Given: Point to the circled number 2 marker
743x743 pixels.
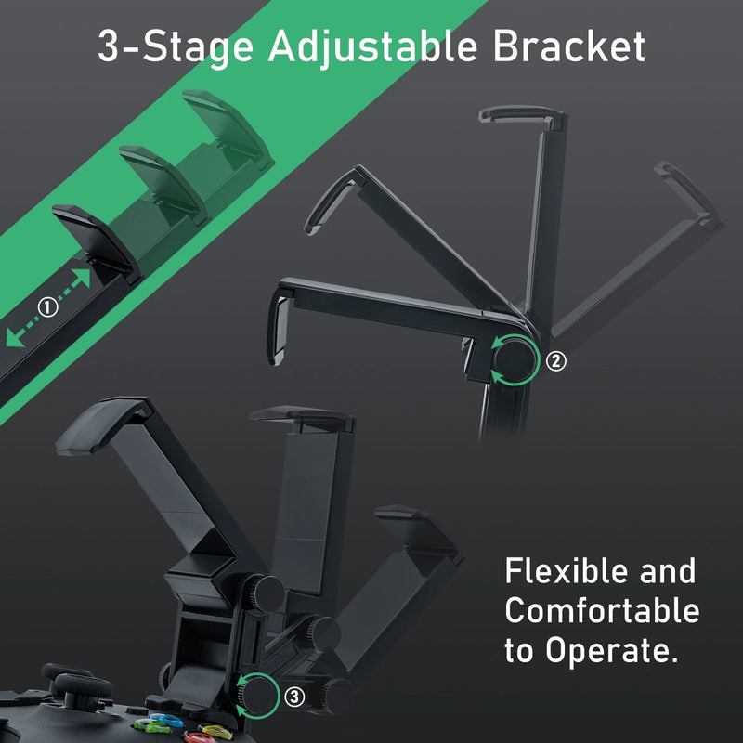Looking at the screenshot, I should coord(556,360).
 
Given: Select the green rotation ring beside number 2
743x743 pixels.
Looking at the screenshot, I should coord(514,360).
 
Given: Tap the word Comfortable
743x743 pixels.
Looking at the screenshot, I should coord(602,610).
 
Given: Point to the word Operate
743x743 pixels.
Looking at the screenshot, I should coord(617,651).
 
